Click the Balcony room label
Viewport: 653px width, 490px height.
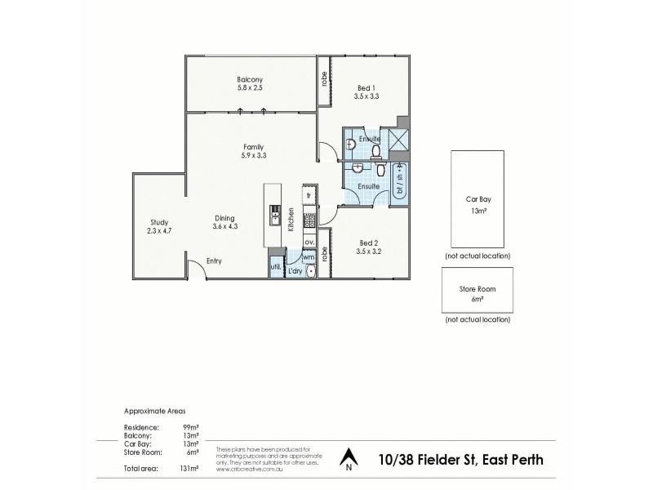pyautogui.click(x=250, y=79)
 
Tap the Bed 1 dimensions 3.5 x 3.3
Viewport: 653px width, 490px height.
pyautogui.click(x=368, y=96)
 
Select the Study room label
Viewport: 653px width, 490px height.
pyautogui.click(x=159, y=221)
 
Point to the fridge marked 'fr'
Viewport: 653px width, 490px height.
pyautogui.click(x=309, y=195)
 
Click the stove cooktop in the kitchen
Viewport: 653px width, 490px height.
pyautogui.click(x=309, y=220)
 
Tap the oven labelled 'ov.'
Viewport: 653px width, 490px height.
pyautogui.click(x=309, y=243)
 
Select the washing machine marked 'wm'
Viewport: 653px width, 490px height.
pyautogui.click(x=309, y=257)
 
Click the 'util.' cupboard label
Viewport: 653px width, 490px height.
pyautogui.click(x=275, y=267)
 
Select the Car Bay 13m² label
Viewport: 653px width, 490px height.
pyautogui.click(x=478, y=204)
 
